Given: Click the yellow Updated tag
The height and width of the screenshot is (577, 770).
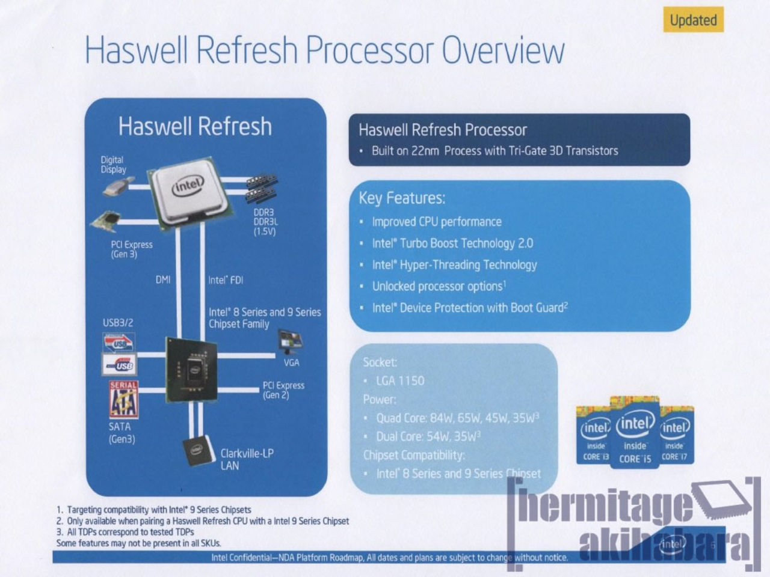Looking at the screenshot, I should pyautogui.click(x=693, y=20).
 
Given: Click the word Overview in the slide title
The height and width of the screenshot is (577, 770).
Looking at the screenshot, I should pyautogui.click(x=503, y=50).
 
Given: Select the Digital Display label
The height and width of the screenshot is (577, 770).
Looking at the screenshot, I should pyautogui.click(x=113, y=165).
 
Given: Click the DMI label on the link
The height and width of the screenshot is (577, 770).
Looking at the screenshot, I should pyautogui.click(x=163, y=279).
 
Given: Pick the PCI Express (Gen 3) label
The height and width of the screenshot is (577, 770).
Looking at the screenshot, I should pyautogui.click(x=131, y=249).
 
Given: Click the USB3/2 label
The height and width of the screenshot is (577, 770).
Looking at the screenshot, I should pyautogui.click(x=118, y=323).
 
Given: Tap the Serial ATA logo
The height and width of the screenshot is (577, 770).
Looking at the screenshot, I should pyautogui.click(x=123, y=399).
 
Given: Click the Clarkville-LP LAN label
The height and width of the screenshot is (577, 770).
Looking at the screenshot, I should pyautogui.click(x=247, y=459).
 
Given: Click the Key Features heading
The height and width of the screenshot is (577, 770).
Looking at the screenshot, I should pyautogui.click(x=402, y=198).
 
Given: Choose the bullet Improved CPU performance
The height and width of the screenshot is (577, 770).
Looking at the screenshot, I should pyautogui.click(x=436, y=222).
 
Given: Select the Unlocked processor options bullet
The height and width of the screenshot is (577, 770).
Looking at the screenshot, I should pyautogui.click(x=438, y=286).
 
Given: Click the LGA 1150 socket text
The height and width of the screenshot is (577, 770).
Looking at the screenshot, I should pyautogui.click(x=399, y=380).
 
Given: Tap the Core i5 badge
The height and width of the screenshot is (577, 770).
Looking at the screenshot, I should pyautogui.click(x=635, y=433).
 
